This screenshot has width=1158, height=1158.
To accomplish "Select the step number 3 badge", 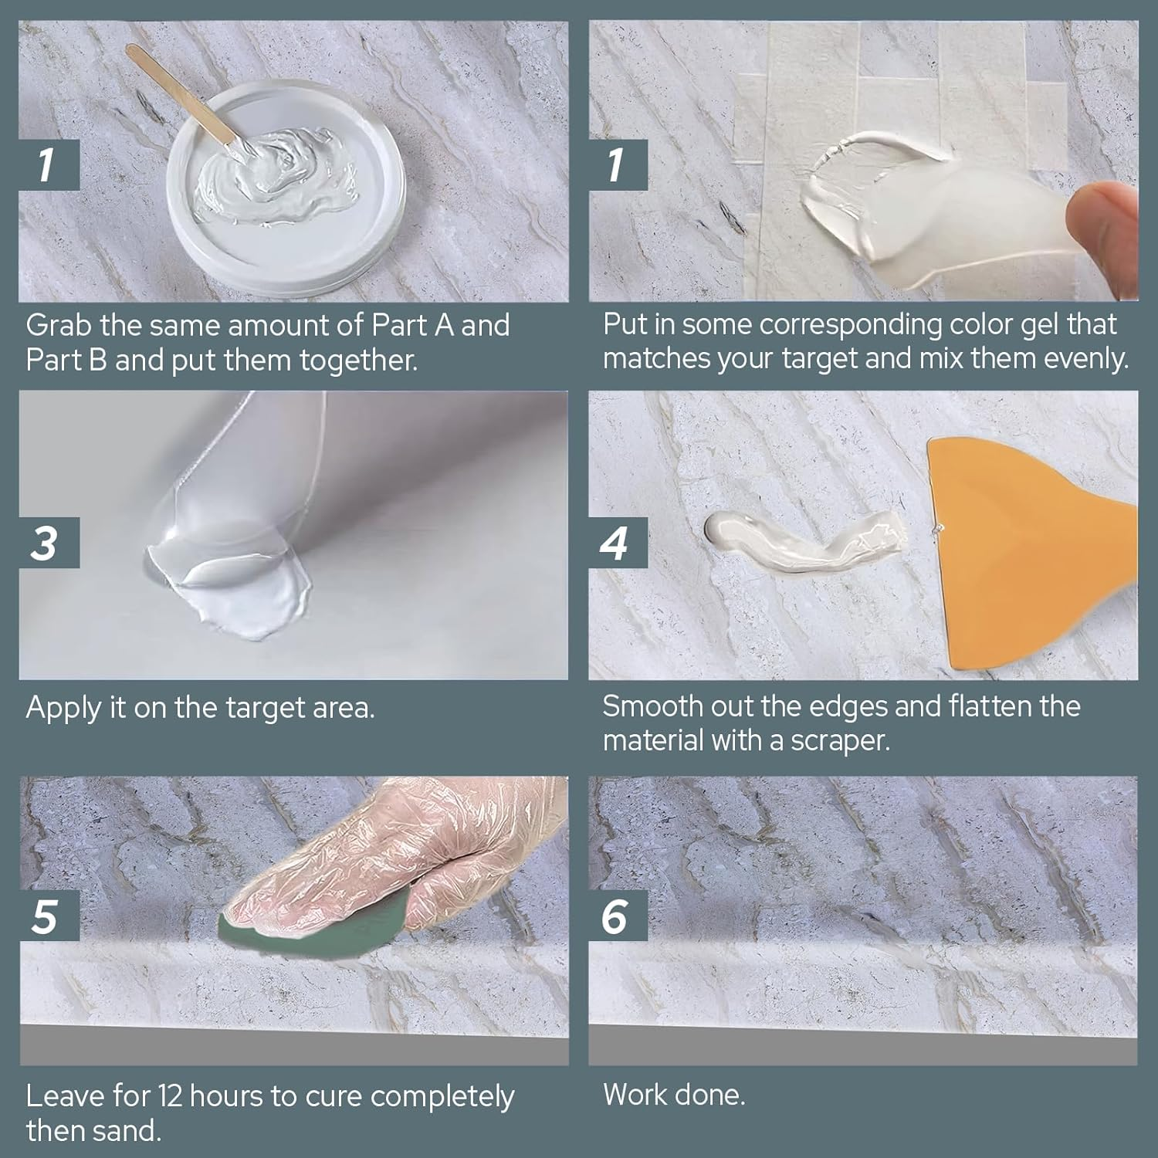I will tap(48, 543).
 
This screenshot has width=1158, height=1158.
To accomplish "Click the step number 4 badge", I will tap(617, 543).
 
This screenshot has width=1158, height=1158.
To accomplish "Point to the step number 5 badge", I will tap(48, 916).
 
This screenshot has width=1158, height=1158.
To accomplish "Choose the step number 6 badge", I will tap(617, 916).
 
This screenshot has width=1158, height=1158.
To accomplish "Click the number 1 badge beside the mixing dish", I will tap(48, 164).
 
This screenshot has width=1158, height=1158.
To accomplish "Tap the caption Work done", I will tap(673, 1095).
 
